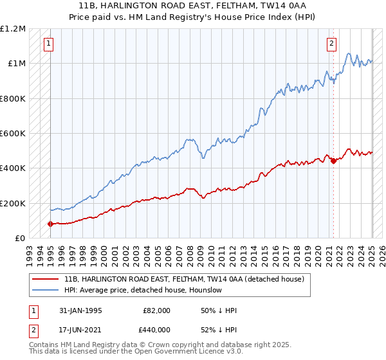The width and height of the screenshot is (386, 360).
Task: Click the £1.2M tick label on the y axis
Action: (x=13, y=29)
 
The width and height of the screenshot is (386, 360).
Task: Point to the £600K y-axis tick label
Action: (x=13, y=134)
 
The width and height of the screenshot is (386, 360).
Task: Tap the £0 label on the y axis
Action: (x=19, y=238)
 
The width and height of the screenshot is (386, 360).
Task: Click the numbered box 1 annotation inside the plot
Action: (x=49, y=44)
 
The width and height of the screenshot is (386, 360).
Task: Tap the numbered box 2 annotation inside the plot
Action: (x=331, y=44)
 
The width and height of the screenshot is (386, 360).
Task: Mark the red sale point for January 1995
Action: (x=50, y=224)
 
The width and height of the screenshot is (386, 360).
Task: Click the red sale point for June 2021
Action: (x=333, y=161)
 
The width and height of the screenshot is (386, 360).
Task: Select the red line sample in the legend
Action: (x=45, y=279)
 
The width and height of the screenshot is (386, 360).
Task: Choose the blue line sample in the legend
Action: (x=45, y=290)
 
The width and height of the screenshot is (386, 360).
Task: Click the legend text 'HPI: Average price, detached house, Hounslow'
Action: (x=143, y=290)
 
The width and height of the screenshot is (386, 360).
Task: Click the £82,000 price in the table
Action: (x=156, y=310)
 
